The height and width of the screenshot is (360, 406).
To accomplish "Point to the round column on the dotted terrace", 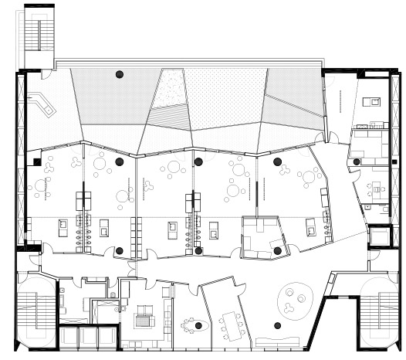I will pyautogui.click(x=119, y=74).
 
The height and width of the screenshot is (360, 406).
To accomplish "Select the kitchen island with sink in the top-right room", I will pyautogui.click(x=370, y=100).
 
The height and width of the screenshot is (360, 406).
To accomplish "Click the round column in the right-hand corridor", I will pyautogui.click(x=357, y=161).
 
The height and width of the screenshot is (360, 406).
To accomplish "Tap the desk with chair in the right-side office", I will pyautogui.click(x=377, y=188).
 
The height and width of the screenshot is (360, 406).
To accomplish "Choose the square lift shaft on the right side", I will pyautogui.click(x=381, y=235).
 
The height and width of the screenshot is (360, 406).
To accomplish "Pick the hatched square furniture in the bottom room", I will pyautogui.click(x=144, y=316).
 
